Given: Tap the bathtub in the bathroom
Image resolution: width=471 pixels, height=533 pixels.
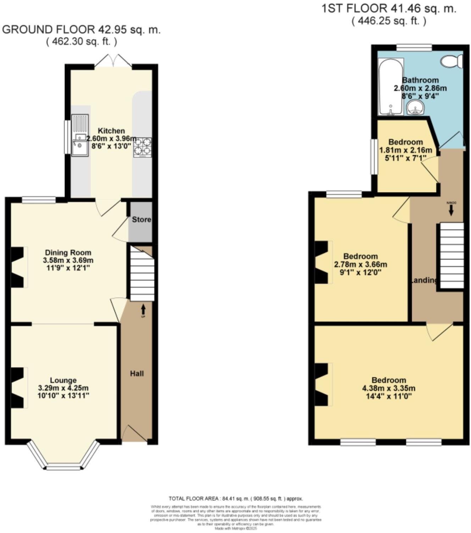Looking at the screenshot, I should pyautogui.click(x=390, y=87).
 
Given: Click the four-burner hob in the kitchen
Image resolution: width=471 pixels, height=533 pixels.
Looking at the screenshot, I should pyautogui.click(x=142, y=147).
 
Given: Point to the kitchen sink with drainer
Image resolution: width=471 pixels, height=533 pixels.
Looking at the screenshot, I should pyautogui.click(x=80, y=135).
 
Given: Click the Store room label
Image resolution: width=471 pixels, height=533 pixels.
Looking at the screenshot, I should pyautogui.click(x=141, y=220).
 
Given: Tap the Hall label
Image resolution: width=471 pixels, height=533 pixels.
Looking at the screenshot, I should pyautogui.click(x=137, y=374).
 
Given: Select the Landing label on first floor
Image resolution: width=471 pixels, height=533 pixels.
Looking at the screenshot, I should pyautogui.click(x=424, y=280).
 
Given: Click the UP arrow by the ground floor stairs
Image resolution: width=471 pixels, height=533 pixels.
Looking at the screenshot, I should pyautogui.click(x=143, y=309).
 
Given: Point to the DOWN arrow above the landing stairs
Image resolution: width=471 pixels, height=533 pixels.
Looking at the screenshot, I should pyautogui.click(x=451, y=211).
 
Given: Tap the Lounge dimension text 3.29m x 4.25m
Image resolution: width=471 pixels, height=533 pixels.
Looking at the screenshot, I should pyautogui.click(x=63, y=388).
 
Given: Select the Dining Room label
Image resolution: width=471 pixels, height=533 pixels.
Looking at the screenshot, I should pyautogui.click(x=68, y=253).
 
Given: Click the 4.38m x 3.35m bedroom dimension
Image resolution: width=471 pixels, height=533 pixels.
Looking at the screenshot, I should pyautogui.click(x=389, y=388).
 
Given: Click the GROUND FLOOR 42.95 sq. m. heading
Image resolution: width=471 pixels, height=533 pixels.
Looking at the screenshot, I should pyautogui.click(x=81, y=30).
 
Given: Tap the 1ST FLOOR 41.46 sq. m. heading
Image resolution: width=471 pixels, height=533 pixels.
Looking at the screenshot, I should pyautogui.click(x=389, y=9).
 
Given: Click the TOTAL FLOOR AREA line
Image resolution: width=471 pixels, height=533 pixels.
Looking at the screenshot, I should pyautogui.click(x=236, y=499).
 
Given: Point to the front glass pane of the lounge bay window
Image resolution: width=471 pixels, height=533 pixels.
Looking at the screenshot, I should pyautogui.click(x=63, y=468).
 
